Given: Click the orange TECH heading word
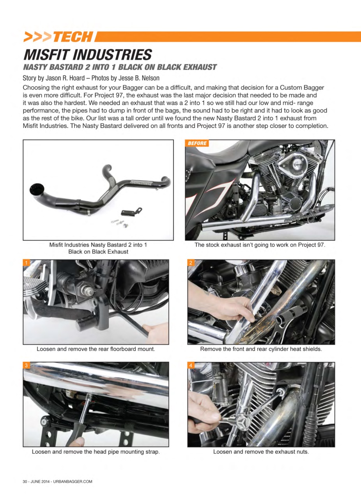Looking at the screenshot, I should coord(72,37).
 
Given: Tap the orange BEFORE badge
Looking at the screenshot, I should coord(197,143).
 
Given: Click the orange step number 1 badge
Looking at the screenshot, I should coord(27,263).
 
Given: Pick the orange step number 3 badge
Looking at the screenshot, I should coord(27,365).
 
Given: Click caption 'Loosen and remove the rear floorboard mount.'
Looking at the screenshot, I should coord(96,349).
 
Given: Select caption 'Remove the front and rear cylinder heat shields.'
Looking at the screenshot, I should coord(261,349).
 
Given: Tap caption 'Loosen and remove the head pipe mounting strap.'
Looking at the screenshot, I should coord(96,452).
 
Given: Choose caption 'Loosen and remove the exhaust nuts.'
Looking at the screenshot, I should coord(261,452).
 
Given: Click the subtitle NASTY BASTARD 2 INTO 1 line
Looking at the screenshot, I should coord(120,67).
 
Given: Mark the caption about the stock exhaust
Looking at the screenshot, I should coord(260,245).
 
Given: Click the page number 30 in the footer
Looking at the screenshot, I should coord(25,481).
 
